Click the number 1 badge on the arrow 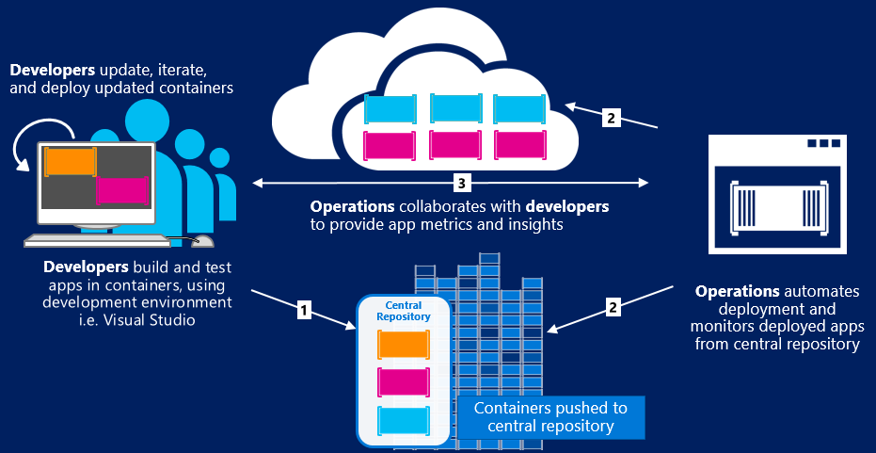click(303, 308)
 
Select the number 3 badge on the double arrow click(461, 181)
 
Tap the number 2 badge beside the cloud click(612, 119)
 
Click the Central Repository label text click(403, 312)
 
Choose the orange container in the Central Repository click(404, 345)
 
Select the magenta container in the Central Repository click(404, 381)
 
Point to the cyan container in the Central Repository click(404, 419)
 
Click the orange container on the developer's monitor click(71, 162)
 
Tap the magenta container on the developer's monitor click(121, 190)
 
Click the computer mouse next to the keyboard click(202, 240)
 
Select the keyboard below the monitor click(94, 240)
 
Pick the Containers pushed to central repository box click(551, 417)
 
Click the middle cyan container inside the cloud click(456, 107)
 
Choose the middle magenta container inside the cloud click(456, 144)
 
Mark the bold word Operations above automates click(737, 291)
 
